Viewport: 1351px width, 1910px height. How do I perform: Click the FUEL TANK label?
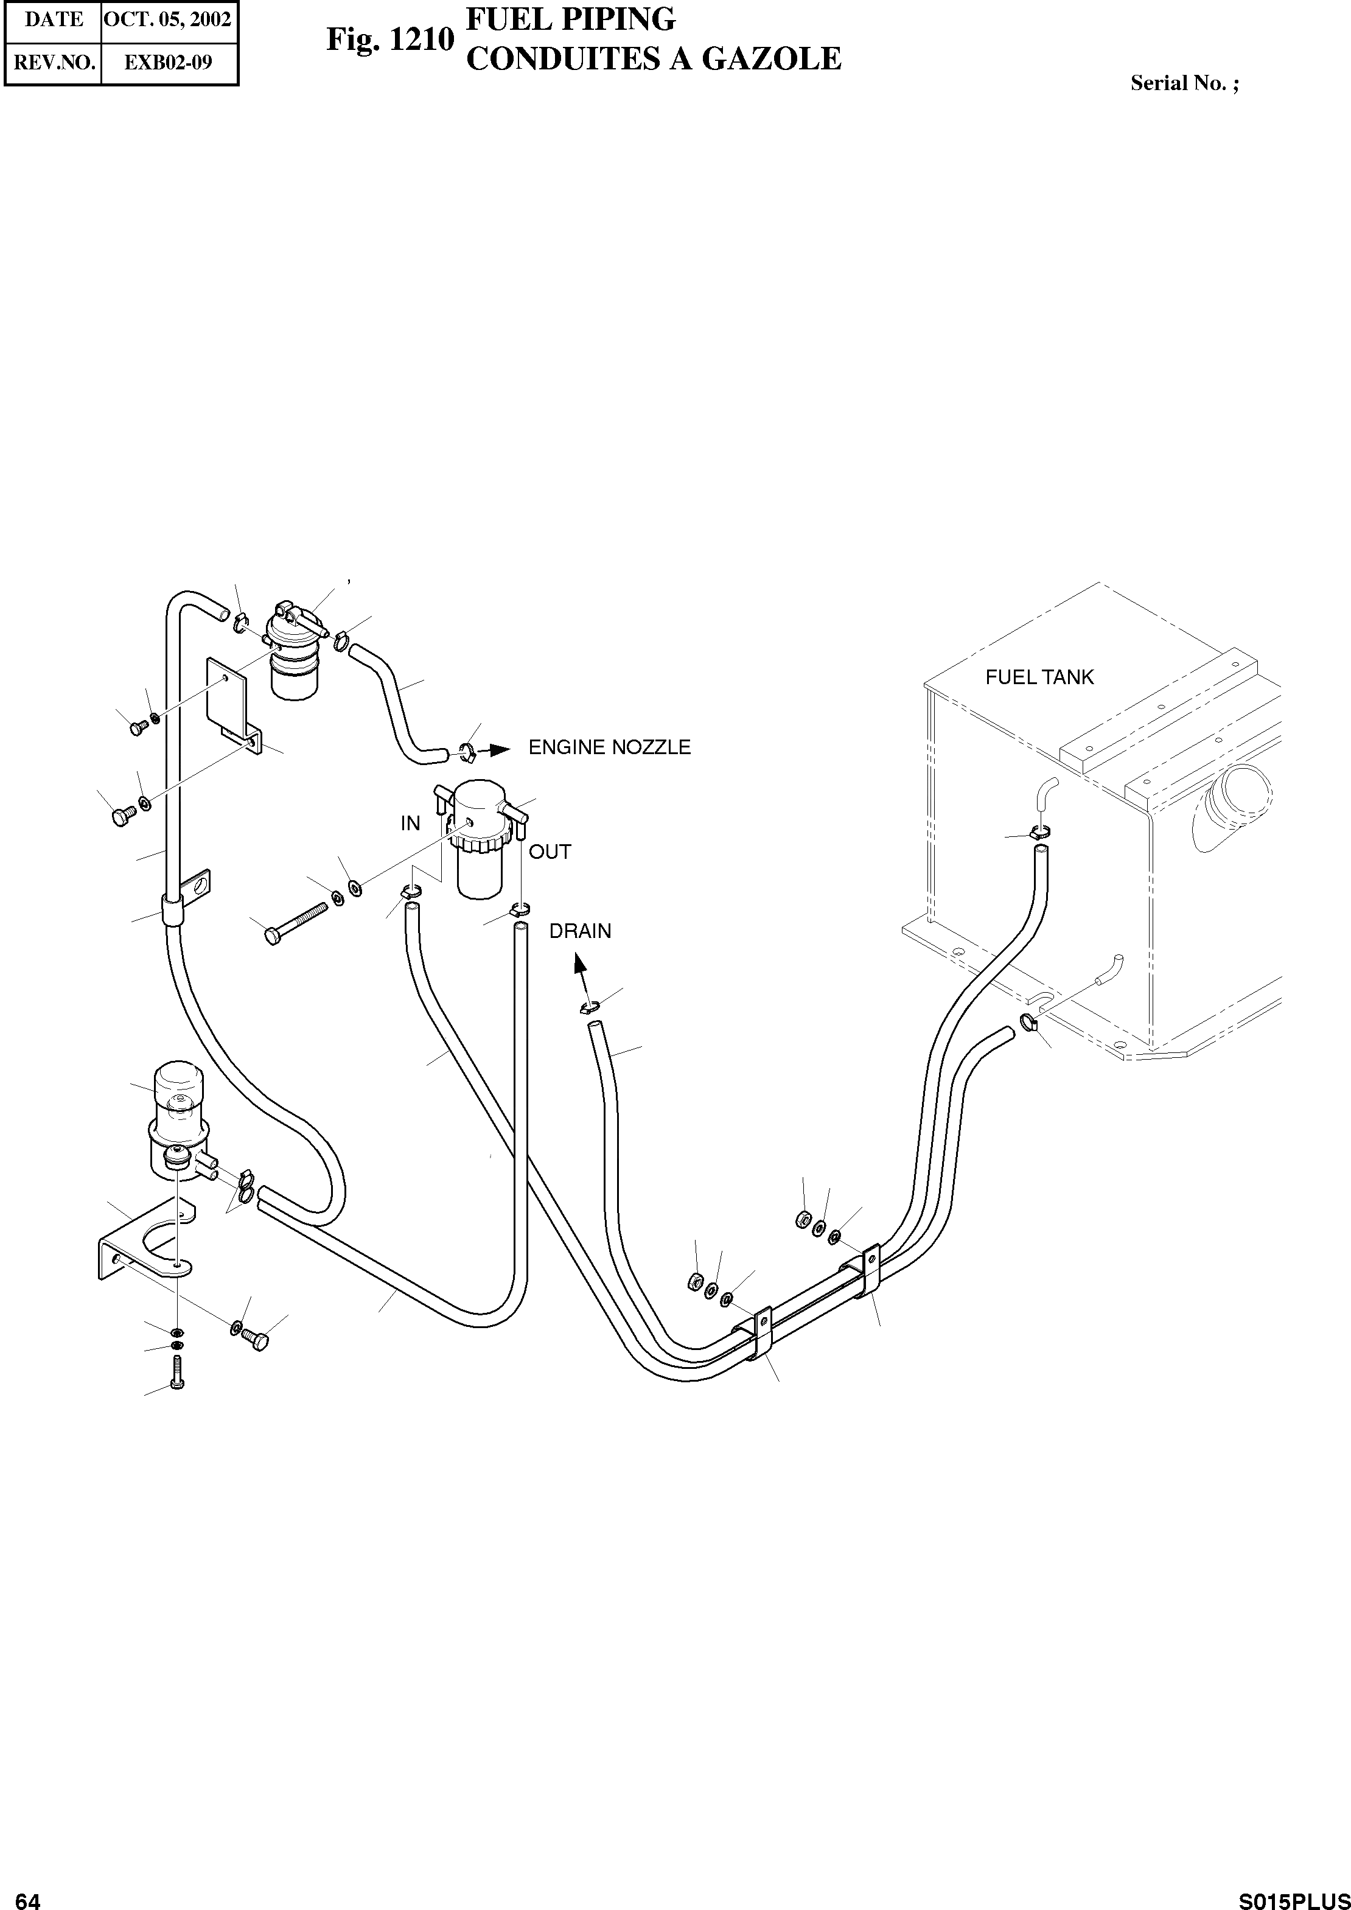click(x=1039, y=677)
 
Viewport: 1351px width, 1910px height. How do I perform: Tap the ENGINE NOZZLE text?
click(x=609, y=747)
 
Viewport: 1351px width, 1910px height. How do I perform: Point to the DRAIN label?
click(x=580, y=931)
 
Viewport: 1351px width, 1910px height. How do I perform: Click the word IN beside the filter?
click(x=410, y=824)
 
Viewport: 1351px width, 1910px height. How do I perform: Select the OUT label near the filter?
click(x=550, y=852)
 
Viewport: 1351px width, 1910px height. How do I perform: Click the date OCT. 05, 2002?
click(x=167, y=19)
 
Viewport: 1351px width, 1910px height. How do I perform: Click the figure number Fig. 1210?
click(x=390, y=39)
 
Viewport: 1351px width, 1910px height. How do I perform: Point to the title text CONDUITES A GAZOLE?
click(x=653, y=59)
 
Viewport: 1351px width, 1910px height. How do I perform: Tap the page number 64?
click(x=27, y=1896)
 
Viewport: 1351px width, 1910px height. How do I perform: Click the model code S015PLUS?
click(x=1293, y=1896)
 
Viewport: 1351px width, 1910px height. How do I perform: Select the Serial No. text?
click(x=1184, y=83)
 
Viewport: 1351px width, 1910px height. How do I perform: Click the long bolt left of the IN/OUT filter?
click(x=298, y=923)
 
